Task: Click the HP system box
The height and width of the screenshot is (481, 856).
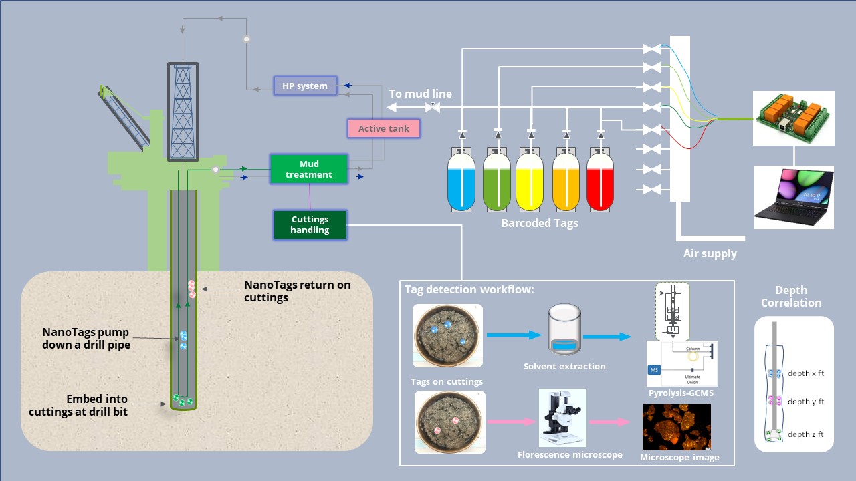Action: coord(305,86)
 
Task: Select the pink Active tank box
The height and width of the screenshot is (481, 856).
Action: coord(384,128)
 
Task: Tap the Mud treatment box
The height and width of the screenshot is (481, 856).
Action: coord(308,169)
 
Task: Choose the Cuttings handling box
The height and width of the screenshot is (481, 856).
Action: coord(310,225)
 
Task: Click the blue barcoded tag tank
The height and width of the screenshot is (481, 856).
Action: coord(461,179)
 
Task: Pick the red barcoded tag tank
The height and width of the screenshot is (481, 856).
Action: coord(600,179)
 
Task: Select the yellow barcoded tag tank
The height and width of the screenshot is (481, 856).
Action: coord(530,179)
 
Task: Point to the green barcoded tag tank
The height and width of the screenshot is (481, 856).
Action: coord(496,179)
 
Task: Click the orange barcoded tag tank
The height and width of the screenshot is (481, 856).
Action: coord(566,179)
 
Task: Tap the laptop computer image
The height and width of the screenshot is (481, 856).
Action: coord(794,197)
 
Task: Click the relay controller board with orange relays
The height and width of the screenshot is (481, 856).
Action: coord(794,118)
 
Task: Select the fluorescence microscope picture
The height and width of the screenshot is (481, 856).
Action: coord(562,418)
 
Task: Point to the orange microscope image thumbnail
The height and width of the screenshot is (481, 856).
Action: coord(676,427)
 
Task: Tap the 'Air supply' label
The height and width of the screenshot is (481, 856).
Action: coord(710,253)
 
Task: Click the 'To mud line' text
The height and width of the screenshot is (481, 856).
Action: coord(420,94)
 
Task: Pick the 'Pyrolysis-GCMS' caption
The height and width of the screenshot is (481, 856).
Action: coord(681,393)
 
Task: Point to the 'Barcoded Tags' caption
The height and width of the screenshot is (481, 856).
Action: coord(539,223)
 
